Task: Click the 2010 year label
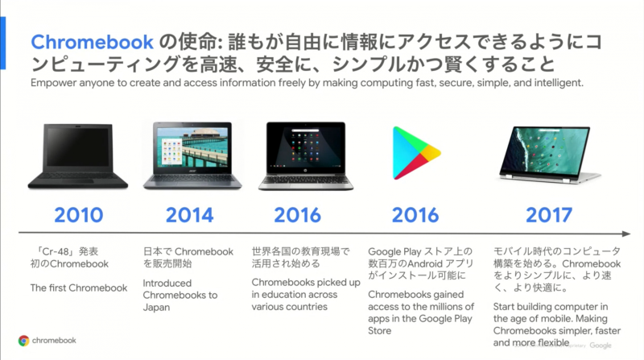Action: click(x=79, y=215)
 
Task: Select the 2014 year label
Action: click(x=190, y=215)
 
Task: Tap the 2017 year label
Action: click(x=548, y=215)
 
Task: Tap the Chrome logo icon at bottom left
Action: click(x=24, y=340)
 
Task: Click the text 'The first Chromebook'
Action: click(x=79, y=288)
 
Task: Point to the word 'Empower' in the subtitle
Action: click(x=54, y=84)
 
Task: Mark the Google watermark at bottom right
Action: click(x=600, y=345)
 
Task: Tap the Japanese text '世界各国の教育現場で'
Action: click(x=301, y=251)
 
